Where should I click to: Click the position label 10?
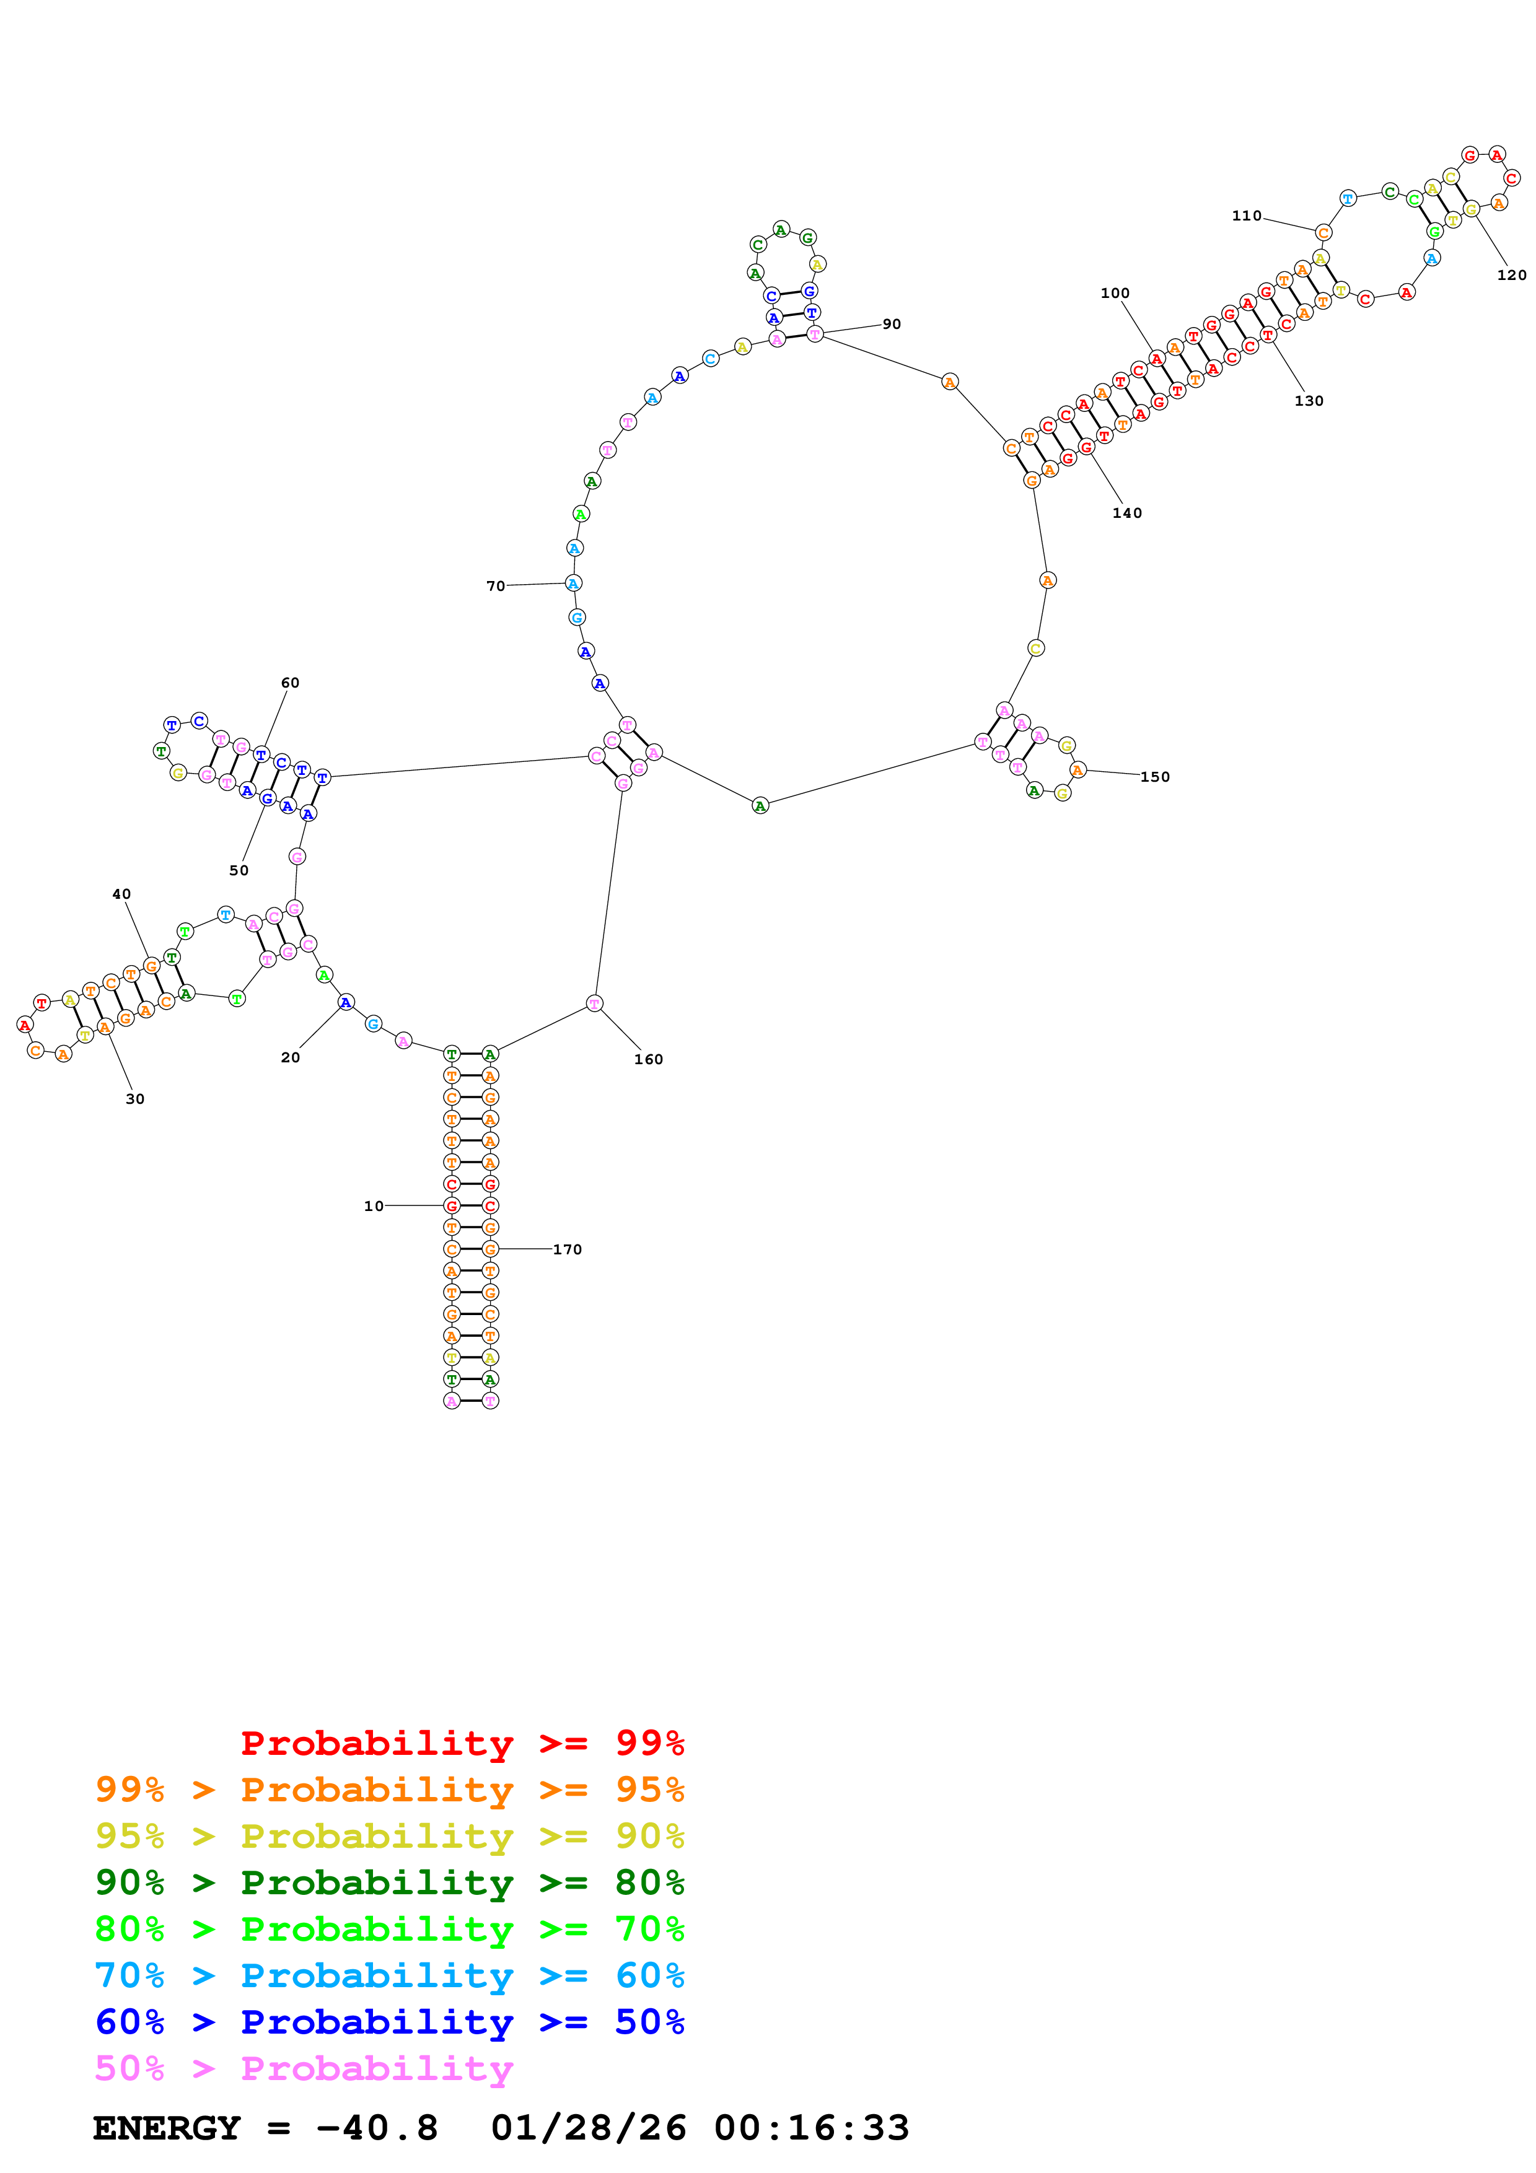(x=374, y=1206)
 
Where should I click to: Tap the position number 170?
(x=567, y=1249)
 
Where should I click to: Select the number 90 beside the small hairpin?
(x=892, y=324)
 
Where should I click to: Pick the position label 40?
(x=121, y=893)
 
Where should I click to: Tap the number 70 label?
(x=495, y=586)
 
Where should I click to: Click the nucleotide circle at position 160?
(x=594, y=1003)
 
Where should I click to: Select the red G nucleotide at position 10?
(x=452, y=1206)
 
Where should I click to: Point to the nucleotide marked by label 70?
(x=574, y=583)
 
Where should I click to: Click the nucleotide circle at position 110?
(x=1323, y=233)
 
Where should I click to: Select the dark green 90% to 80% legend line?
(x=389, y=1882)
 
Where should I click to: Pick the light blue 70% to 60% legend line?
(x=389, y=1975)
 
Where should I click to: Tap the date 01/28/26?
(x=588, y=2128)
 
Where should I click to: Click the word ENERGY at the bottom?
(x=167, y=2128)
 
